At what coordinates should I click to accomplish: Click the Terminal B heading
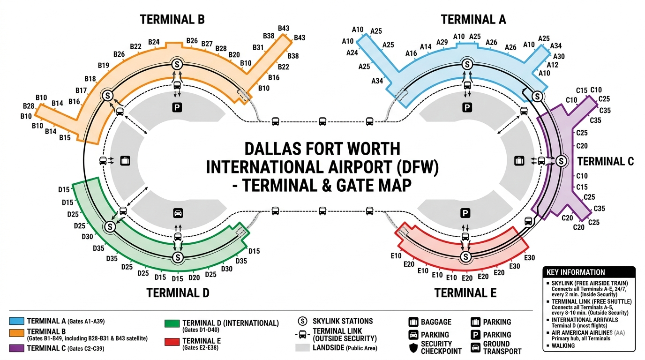[x=172, y=20]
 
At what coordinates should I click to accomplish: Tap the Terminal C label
[x=606, y=161]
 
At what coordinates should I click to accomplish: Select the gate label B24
[x=154, y=42]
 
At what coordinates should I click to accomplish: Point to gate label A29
[x=442, y=42]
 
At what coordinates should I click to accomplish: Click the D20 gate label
[x=194, y=277]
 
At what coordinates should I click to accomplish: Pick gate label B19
[x=104, y=65]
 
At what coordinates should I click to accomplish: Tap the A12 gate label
[x=553, y=65]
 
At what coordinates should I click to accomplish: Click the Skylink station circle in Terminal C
[x=561, y=161]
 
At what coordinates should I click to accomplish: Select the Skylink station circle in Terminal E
[x=465, y=256]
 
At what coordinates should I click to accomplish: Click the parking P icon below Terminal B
[x=177, y=108]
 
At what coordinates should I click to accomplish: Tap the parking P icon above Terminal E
[x=465, y=213]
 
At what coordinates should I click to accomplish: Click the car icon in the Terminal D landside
[x=178, y=213]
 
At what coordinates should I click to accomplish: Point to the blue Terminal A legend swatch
[x=17, y=321]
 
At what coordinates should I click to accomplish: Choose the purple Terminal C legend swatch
[x=17, y=348]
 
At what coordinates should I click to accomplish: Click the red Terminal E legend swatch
[x=172, y=342]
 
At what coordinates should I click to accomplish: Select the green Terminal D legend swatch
[x=172, y=323]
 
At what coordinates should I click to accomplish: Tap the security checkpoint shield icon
[x=413, y=348]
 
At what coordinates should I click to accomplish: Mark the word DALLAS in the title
[x=273, y=149]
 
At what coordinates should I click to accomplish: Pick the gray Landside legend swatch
[x=302, y=348]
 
